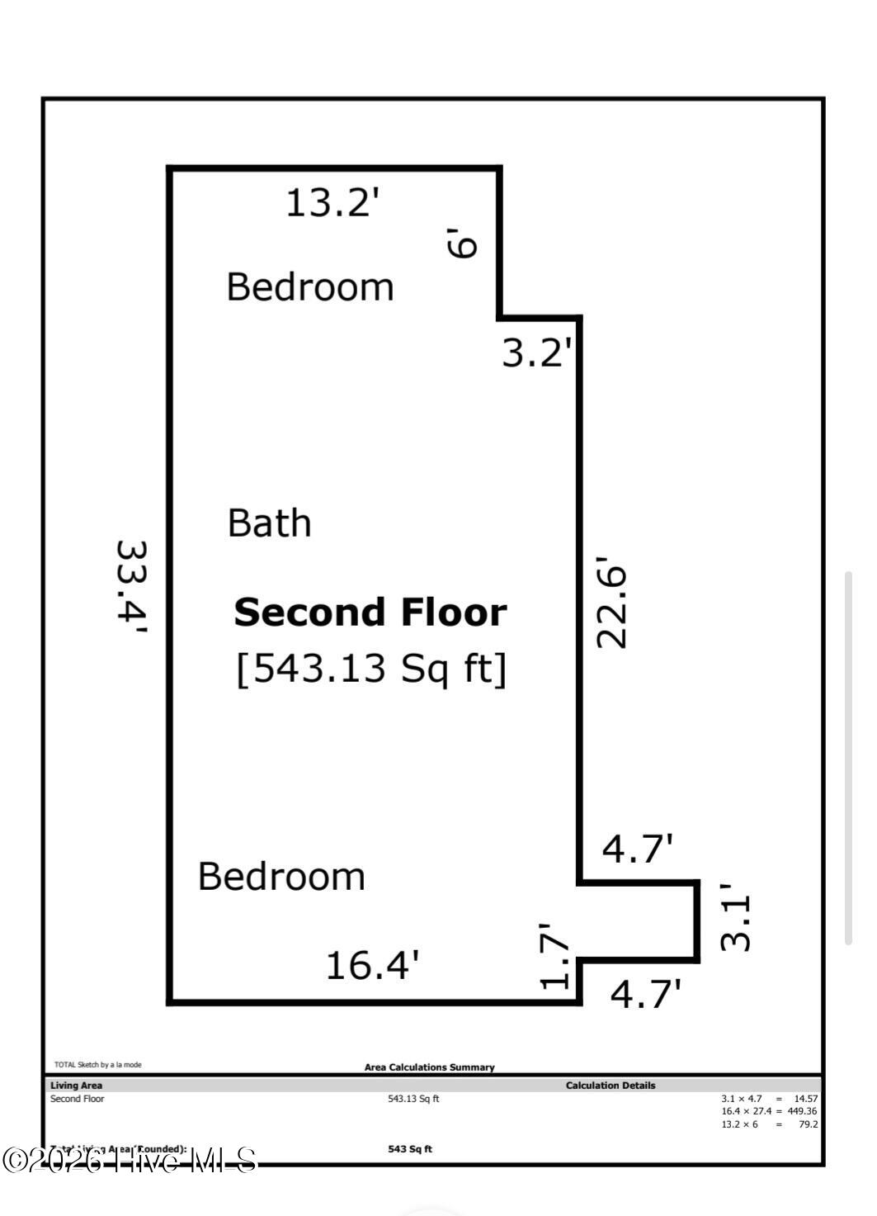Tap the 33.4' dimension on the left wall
tap(131, 587)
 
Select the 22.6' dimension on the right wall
tap(612, 607)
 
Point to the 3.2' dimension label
tap(536, 353)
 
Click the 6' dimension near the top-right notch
tap(462, 244)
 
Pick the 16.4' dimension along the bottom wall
tap(372, 965)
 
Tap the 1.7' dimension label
tap(555, 955)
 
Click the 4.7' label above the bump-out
tap(637, 848)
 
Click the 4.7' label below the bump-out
tap(645, 993)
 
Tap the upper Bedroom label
tap(310, 287)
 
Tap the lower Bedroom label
tap(281, 877)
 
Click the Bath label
tap(269, 523)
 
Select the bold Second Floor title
tap(370, 613)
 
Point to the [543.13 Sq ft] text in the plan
tap(371, 668)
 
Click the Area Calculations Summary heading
tap(429, 1067)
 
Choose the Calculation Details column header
tap(610, 1086)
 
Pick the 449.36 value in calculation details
tap(802, 1111)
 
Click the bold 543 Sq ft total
tap(410, 1149)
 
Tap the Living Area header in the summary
tap(76, 1086)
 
